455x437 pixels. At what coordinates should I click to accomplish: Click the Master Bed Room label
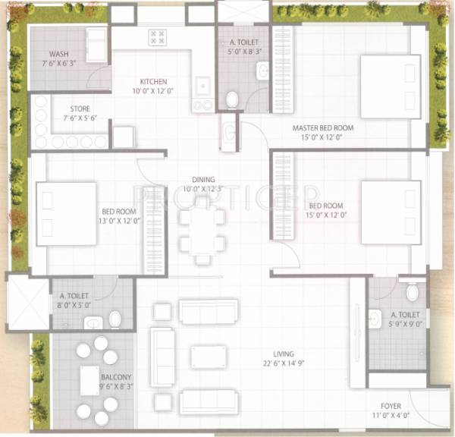(323, 128)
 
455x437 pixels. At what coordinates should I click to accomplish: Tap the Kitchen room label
(153, 82)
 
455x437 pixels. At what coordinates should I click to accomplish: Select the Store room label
(80, 108)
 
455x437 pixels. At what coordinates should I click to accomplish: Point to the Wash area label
(60, 54)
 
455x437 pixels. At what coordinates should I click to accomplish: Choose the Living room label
(285, 354)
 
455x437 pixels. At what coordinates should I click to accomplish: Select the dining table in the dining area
(202, 231)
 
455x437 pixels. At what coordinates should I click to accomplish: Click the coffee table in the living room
(208, 357)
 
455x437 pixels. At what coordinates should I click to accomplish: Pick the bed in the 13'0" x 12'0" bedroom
(66, 213)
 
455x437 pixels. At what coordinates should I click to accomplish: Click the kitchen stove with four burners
(158, 37)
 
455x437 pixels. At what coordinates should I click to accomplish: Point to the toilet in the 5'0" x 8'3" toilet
(233, 99)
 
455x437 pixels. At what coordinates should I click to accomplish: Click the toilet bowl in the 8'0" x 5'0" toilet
(115, 319)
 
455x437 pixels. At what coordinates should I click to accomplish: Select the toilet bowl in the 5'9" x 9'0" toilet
(413, 292)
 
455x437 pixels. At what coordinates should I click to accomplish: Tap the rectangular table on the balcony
(89, 379)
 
